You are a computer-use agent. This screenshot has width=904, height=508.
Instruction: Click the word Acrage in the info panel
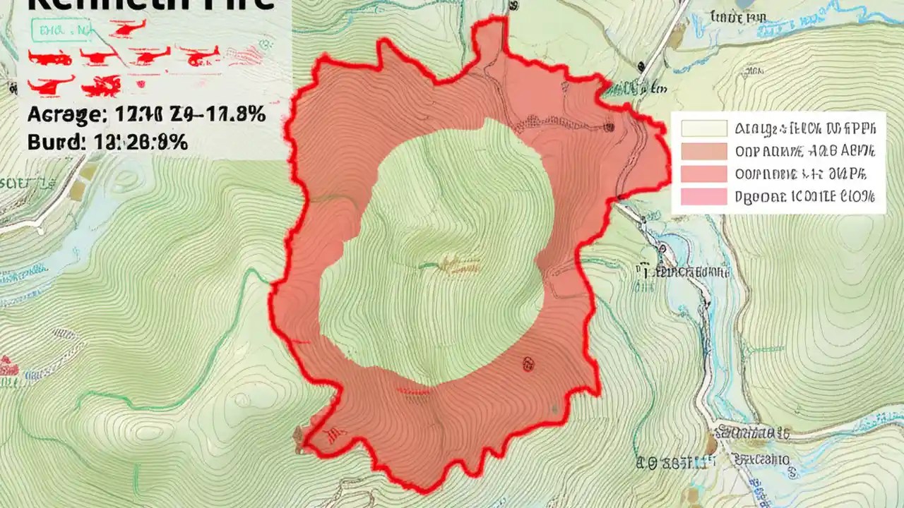click(x=61, y=114)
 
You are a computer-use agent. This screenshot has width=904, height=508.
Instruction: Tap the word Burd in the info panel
click(x=51, y=142)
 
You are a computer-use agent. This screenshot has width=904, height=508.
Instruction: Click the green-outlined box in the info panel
click(x=61, y=30)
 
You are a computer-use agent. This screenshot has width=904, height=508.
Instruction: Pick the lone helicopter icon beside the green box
click(x=127, y=28)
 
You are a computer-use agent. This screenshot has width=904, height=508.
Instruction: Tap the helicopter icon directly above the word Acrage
click(x=49, y=86)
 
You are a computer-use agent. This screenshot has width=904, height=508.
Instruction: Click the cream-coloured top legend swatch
click(x=704, y=128)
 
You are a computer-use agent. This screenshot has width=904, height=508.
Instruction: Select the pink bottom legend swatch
click(x=704, y=197)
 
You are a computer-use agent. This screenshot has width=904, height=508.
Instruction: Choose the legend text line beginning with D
click(x=805, y=197)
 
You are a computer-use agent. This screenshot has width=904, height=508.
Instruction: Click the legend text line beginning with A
click(x=805, y=128)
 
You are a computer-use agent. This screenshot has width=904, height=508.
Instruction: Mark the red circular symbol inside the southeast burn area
click(x=528, y=363)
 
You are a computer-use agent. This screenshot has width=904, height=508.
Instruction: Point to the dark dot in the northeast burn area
click(x=609, y=127)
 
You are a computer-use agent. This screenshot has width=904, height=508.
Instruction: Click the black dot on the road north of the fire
click(x=640, y=66)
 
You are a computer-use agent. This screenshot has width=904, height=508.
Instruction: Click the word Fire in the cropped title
click(x=237, y=4)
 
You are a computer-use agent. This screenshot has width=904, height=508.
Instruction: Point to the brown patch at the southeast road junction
click(x=711, y=444)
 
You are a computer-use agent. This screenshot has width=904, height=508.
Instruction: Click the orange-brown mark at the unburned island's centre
click(x=451, y=265)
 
